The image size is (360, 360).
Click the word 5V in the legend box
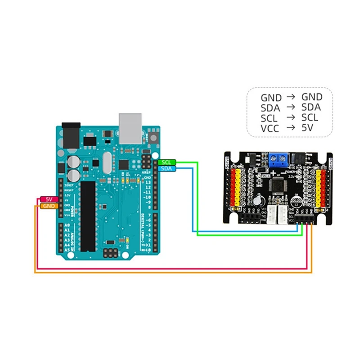tap(308, 128)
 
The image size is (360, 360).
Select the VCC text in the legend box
tap(270, 128)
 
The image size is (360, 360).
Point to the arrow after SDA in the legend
tap(292, 108)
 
